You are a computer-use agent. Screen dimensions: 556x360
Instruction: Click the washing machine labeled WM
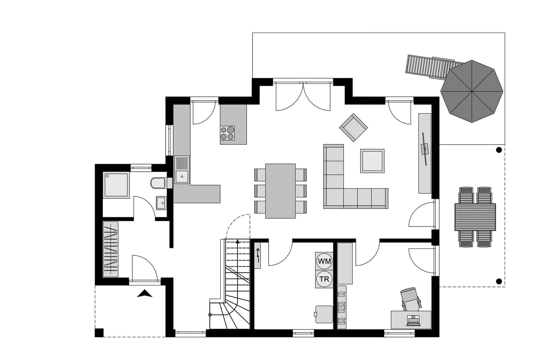[x=324, y=261]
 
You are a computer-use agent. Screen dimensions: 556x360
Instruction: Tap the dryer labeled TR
[x=324, y=279]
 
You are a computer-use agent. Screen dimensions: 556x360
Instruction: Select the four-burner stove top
[x=227, y=133]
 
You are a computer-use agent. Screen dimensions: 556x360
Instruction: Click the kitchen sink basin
[x=182, y=177]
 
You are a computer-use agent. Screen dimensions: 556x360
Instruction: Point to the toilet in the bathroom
[x=159, y=183]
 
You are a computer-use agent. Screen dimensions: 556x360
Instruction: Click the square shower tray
[x=116, y=185]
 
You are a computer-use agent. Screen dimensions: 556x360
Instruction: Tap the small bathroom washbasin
[x=161, y=203]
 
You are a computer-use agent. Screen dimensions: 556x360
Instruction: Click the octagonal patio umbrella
[x=472, y=91]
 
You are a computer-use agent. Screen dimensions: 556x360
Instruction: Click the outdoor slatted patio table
[x=475, y=217]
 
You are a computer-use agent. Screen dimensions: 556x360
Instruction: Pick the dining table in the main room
[x=281, y=191]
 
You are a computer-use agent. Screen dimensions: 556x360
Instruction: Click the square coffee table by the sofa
[x=372, y=161]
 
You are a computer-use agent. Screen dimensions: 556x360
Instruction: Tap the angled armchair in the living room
[x=354, y=127]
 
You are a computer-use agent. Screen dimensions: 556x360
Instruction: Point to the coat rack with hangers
[x=111, y=249]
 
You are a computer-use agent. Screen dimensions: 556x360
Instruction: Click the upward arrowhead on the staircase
[x=238, y=241]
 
